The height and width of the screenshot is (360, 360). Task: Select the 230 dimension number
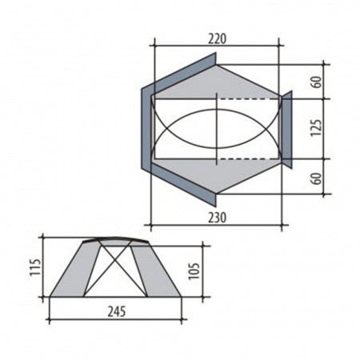pos(217,217)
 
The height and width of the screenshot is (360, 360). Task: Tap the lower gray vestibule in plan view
pos(240,174)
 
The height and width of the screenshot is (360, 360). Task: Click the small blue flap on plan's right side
pos(286,127)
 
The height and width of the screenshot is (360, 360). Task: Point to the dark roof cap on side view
pos(117,239)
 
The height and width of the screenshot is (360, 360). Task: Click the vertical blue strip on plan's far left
pos(146,128)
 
